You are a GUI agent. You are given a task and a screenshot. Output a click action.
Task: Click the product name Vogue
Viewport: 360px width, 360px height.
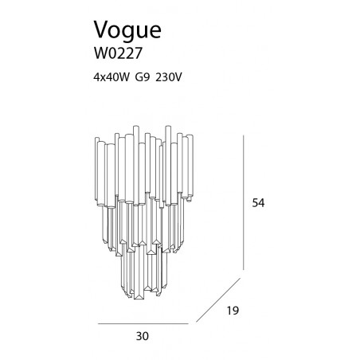127,31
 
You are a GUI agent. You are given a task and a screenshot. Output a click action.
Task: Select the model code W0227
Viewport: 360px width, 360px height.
119,53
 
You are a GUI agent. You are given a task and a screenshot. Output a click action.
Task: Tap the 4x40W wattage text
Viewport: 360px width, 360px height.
112,77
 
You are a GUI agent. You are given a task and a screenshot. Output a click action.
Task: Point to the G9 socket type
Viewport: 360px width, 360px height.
143,77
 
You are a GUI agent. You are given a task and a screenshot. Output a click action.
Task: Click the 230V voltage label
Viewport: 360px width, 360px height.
169,77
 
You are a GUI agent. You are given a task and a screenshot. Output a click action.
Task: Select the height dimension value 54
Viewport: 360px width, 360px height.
258,203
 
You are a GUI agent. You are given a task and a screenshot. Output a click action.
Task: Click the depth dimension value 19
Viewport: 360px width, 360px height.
233,311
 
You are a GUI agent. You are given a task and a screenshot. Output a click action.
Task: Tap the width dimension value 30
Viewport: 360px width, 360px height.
143,336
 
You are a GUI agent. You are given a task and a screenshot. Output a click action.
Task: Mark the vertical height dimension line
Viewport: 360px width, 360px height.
244,202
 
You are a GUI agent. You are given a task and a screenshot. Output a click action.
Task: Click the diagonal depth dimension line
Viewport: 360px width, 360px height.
218,300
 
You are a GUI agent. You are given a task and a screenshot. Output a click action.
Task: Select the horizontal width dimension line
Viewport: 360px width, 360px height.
143,324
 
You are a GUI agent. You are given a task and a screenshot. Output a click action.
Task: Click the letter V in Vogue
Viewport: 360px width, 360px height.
102,29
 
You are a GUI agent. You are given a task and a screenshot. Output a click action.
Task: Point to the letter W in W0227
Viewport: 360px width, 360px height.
101,53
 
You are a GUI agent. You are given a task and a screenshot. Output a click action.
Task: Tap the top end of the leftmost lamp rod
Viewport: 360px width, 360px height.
97,138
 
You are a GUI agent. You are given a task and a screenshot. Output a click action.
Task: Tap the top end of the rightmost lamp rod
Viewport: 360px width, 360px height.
190,135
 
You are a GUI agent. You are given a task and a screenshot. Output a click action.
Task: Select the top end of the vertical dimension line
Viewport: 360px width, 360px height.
244,135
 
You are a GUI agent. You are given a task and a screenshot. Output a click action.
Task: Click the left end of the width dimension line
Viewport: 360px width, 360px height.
98,324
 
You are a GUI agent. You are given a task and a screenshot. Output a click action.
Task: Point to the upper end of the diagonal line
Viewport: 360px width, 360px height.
241,278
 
